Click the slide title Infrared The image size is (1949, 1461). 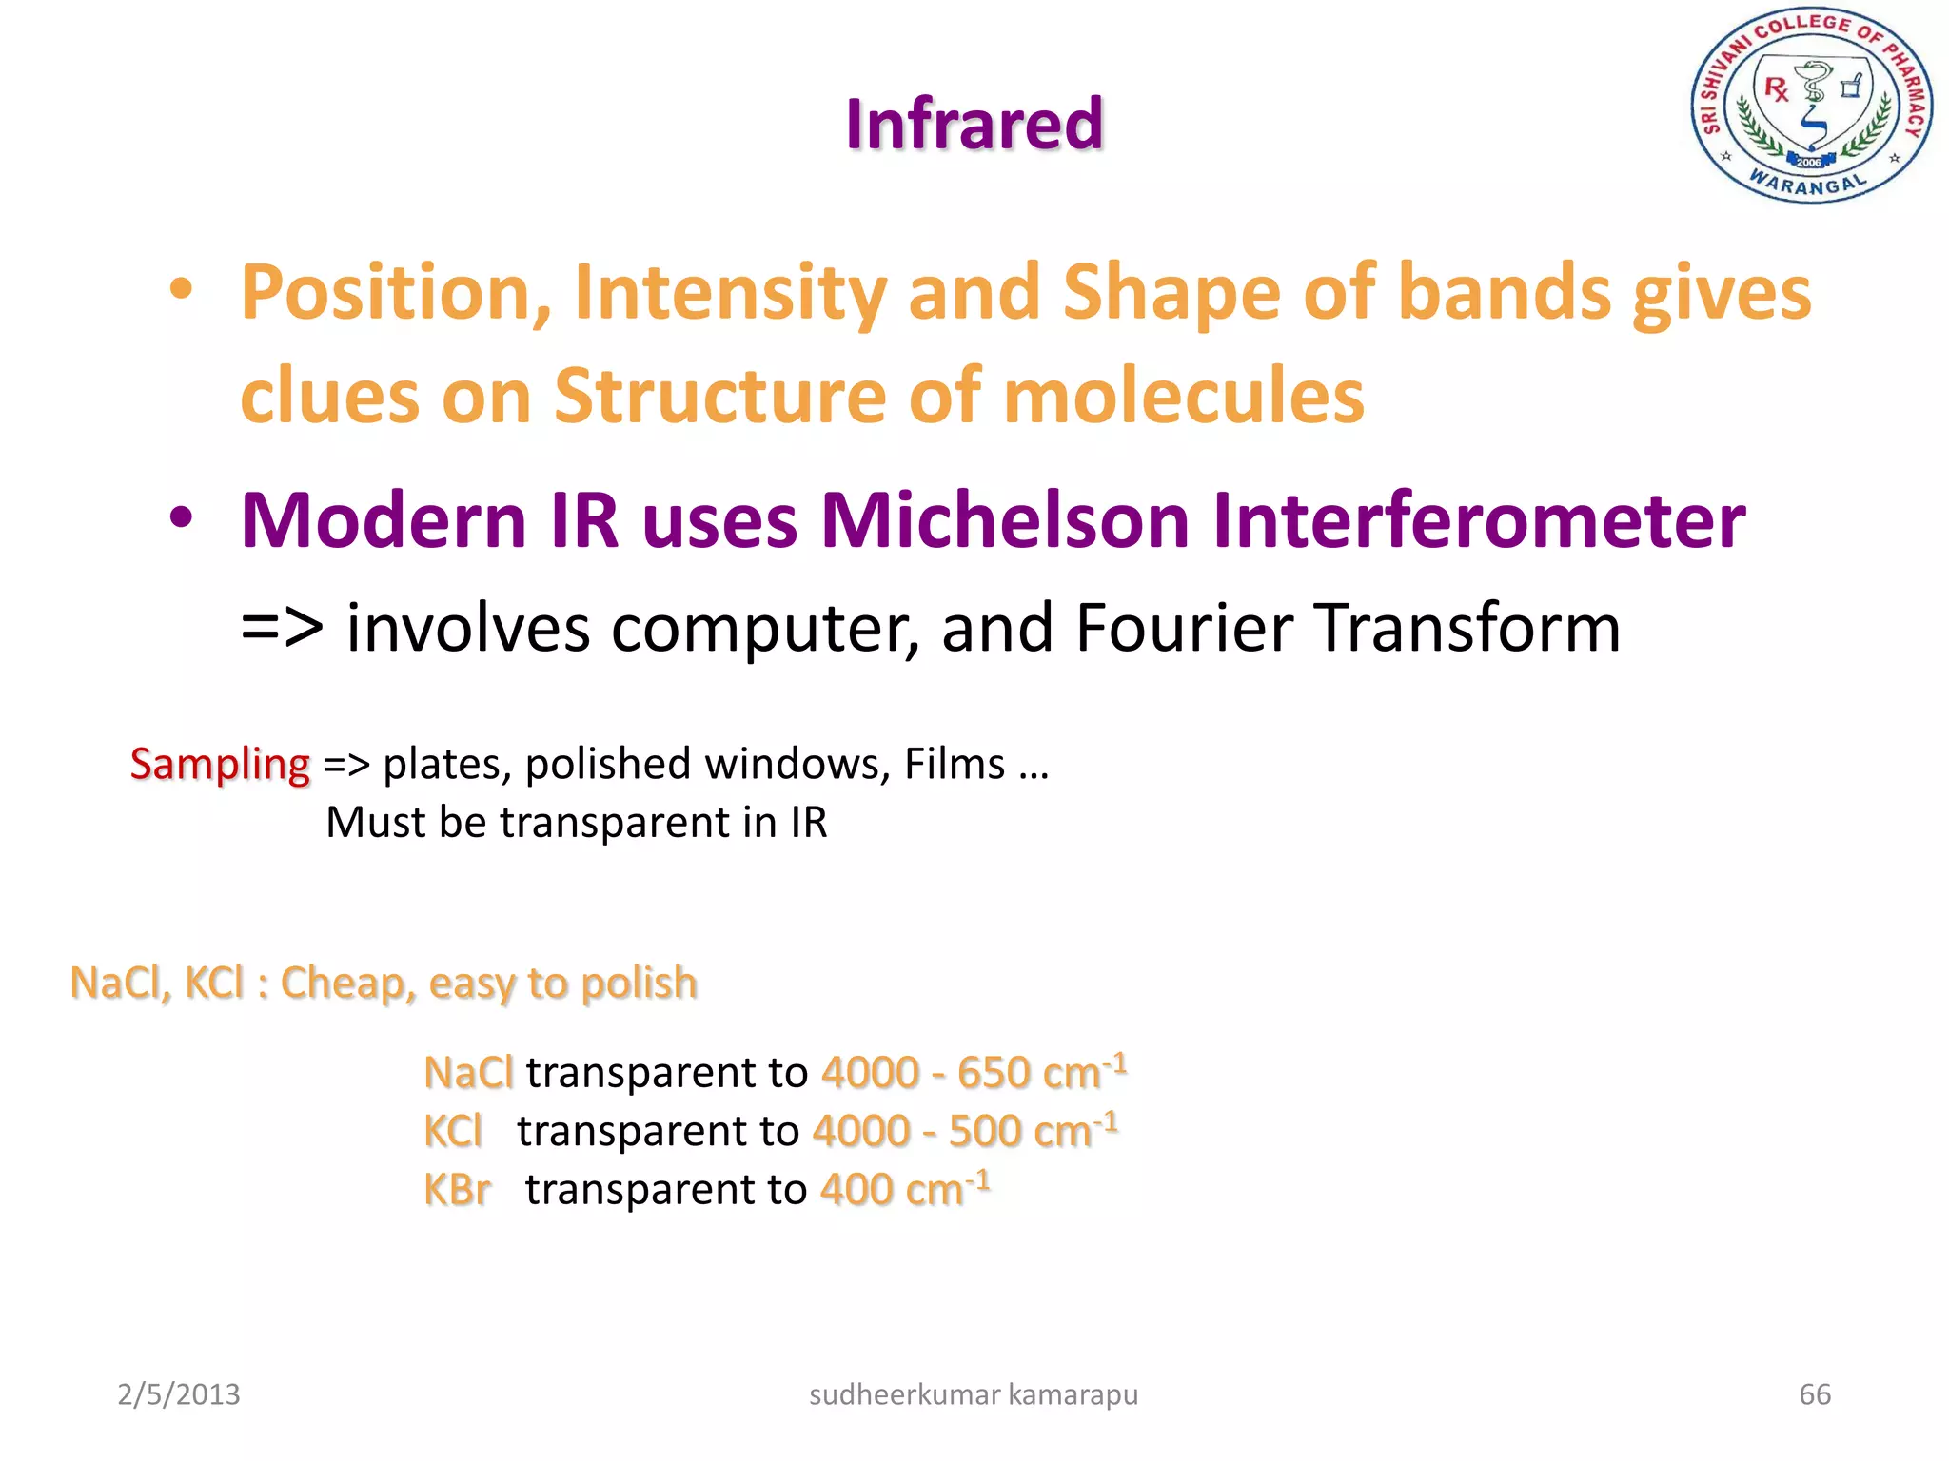(974, 125)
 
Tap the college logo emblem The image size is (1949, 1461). (1811, 106)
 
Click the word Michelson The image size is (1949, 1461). (1004, 521)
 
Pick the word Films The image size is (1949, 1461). (954, 764)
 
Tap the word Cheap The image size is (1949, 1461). (347, 984)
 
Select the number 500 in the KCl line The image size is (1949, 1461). (984, 1132)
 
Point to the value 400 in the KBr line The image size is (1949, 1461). (856, 1191)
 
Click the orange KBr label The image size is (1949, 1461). (457, 1191)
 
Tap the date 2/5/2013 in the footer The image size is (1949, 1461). (179, 1394)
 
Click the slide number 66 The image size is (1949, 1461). (1814, 1394)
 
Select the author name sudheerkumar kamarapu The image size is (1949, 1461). (973, 1394)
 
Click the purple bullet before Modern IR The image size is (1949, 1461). (181, 518)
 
